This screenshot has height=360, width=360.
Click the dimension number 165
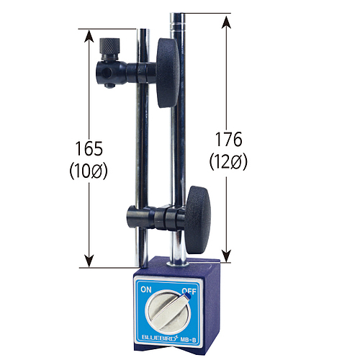89,148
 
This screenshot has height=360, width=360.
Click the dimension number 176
228,139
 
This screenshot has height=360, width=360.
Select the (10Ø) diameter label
89,171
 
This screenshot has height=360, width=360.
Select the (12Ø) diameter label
228,162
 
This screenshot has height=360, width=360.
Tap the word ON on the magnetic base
146,289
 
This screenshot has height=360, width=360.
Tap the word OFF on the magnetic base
189,291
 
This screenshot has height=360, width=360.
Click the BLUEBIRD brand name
159,337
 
